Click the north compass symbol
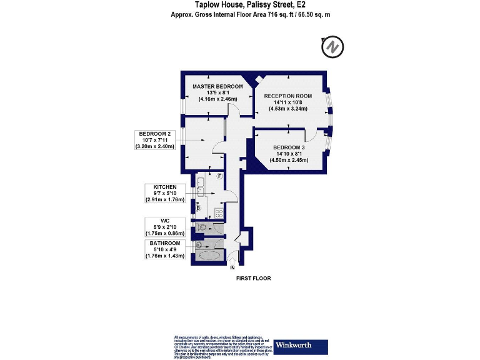point(332,47)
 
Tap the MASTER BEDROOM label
point(217,86)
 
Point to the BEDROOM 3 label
point(289,147)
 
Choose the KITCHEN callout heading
point(156,187)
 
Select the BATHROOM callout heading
point(166,243)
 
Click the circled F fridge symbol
point(220,176)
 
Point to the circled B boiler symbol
point(199,207)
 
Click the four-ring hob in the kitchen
point(219,213)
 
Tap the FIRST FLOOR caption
point(253,278)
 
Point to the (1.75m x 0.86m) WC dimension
point(166,233)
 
